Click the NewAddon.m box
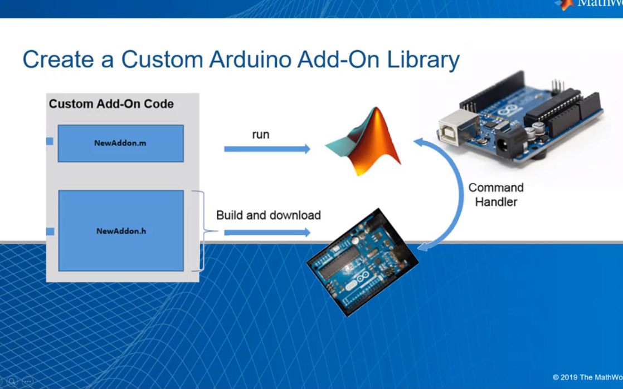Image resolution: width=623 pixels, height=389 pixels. click(x=120, y=143)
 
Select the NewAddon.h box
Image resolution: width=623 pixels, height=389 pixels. click(x=120, y=230)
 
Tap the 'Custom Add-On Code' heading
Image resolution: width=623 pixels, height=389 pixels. click(x=111, y=104)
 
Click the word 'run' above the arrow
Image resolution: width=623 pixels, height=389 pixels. click(x=260, y=135)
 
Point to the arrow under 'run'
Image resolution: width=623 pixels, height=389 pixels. click(x=267, y=149)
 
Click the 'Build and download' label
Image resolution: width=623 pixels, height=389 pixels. click(x=268, y=215)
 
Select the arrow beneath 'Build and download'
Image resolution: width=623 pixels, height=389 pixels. click(x=267, y=232)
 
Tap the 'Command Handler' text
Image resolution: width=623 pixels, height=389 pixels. click(x=495, y=194)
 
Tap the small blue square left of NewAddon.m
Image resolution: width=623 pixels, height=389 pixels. click(x=50, y=141)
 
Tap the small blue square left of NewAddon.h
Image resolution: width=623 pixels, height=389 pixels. click(x=50, y=231)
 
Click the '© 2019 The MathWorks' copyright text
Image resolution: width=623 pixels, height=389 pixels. click(x=587, y=377)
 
